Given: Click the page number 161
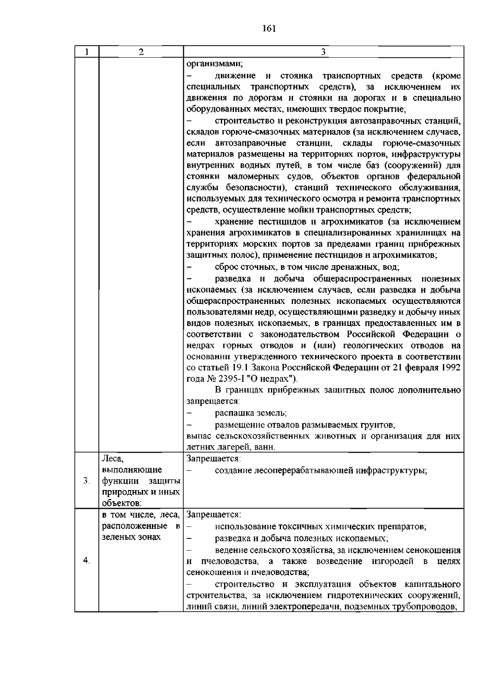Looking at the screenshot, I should point(269,28).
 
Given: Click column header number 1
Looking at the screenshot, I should point(87,52).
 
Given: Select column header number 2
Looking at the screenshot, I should point(141,52).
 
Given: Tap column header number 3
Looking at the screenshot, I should point(323,52).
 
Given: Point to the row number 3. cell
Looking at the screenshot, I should point(87,481).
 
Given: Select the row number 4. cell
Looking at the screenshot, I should point(87,560).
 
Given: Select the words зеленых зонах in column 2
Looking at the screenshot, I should point(131,537).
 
